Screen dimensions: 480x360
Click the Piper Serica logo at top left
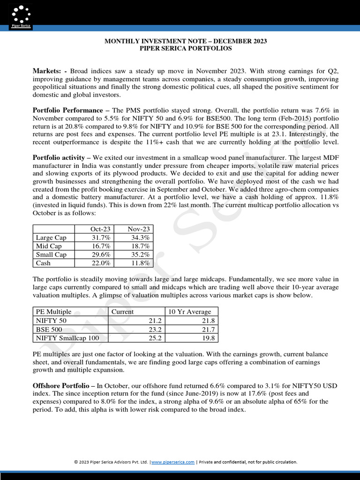pyautogui.click(x=21, y=15)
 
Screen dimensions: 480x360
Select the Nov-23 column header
pyautogui.click(x=139, y=229)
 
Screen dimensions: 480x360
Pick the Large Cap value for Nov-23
pyautogui.click(x=140, y=238)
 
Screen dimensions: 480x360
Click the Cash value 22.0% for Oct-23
pyautogui.click(x=101, y=263)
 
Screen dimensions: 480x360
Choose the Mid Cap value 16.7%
pyautogui.click(x=101, y=246)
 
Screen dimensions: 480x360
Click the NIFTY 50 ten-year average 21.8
pyautogui.click(x=207, y=320)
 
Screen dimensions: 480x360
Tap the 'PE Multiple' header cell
pyautogui.click(x=53, y=311)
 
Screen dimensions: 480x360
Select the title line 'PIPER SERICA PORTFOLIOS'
pyautogui.click(x=186, y=48)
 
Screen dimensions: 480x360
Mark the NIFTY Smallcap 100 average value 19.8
pyautogui.click(x=207, y=337)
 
